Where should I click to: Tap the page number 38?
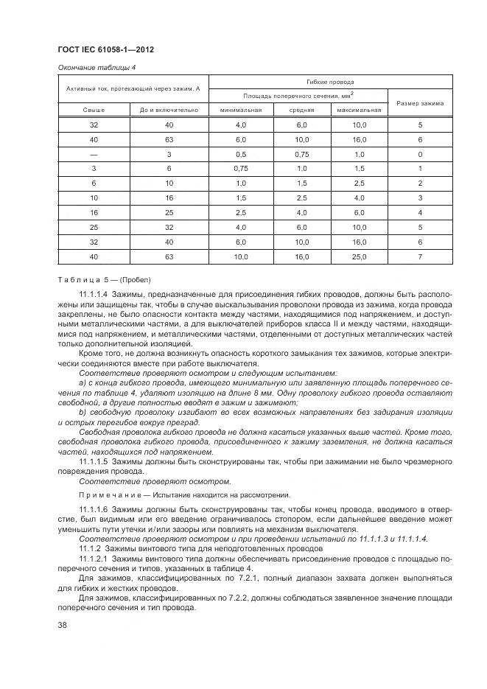pyautogui.click(x=63, y=626)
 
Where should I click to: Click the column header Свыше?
pyautogui.click(x=94, y=110)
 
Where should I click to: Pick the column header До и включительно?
pyautogui.click(x=169, y=110)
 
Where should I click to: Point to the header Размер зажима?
pyautogui.click(x=420, y=102)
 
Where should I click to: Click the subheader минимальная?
pyautogui.click(x=240, y=110)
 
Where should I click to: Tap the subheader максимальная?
pyautogui.click(x=359, y=110)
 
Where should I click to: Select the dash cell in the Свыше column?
pyautogui.click(x=94, y=154)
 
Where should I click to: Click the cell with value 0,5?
pyautogui.click(x=240, y=154)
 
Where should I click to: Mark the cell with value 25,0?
pyautogui.click(x=359, y=257)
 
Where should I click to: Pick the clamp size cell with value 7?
pyautogui.click(x=420, y=257)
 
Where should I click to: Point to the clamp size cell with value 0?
pyautogui.click(x=420, y=154)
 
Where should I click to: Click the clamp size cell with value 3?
pyautogui.click(x=420, y=198)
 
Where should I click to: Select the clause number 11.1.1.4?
pyautogui.click(x=93, y=293)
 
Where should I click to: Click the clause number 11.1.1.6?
pyautogui.click(x=93, y=510)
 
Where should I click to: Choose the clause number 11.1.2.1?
pyautogui.click(x=93, y=559)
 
